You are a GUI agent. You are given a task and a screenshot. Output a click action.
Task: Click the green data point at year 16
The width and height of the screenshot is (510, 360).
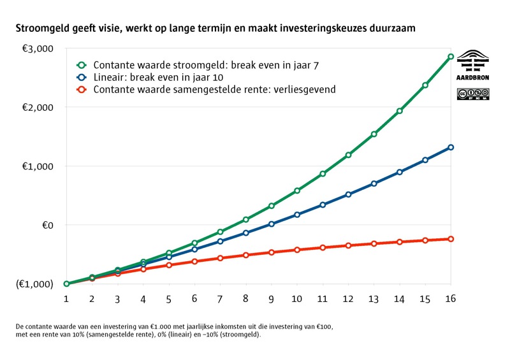[451, 57]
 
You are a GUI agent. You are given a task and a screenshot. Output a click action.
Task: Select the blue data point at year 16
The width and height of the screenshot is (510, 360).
[451, 147]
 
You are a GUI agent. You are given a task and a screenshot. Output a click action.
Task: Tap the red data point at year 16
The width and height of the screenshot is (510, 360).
[451, 239]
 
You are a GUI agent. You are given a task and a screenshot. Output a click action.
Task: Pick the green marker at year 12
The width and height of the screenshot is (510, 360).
[348, 155]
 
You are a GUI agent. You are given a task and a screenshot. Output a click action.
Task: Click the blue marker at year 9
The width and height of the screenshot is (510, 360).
[271, 224]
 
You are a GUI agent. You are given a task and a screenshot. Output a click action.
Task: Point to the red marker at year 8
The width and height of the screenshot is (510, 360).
[245, 255]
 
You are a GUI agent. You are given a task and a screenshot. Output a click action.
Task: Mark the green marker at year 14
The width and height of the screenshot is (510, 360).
[400, 111]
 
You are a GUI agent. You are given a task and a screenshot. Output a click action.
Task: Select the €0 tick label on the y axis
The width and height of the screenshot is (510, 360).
[46, 225]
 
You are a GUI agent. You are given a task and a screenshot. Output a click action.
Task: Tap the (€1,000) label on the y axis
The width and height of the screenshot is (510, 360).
[35, 284]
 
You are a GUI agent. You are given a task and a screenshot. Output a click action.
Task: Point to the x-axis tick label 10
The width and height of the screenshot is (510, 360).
[296, 298]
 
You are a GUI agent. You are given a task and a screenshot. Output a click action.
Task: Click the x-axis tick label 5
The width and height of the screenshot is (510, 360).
[168, 298]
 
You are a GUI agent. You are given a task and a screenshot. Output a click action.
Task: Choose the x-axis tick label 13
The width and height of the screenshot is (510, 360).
[374, 298]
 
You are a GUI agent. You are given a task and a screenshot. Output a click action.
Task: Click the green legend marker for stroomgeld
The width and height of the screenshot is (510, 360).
[82, 65]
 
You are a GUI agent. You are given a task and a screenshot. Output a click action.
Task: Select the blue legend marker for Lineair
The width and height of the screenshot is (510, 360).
[82, 77]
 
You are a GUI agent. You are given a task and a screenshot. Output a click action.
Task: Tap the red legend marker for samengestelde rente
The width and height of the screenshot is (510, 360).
[82, 89]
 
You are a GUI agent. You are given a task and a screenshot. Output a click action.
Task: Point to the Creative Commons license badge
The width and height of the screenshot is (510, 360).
[473, 94]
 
